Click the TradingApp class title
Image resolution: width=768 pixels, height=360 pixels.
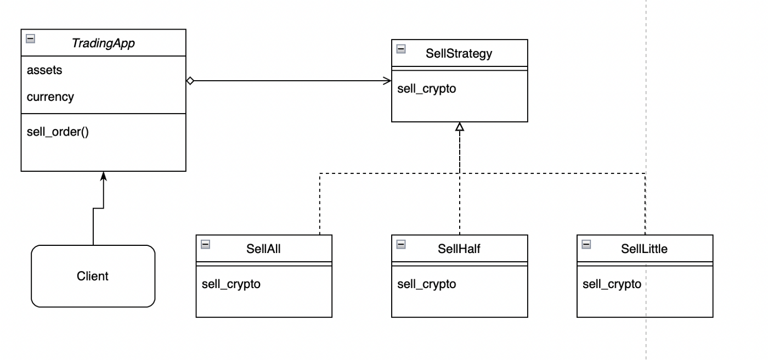pyautogui.click(x=103, y=43)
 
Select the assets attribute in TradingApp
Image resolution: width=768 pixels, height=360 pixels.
pyautogui.click(x=44, y=70)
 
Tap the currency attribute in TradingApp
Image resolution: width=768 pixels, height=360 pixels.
pyautogui.click(x=50, y=97)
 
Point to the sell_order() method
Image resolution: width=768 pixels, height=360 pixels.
pyautogui.click(x=58, y=132)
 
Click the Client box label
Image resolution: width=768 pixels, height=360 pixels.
pyautogui.click(x=93, y=276)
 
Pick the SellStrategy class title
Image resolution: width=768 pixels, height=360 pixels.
pyautogui.click(x=459, y=53)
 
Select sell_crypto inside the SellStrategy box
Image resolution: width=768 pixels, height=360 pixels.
pyautogui.click(x=427, y=89)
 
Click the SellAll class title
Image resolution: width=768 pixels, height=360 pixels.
pyautogui.click(x=263, y=249)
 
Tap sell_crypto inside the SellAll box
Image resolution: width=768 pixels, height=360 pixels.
pyautogui.click(x=231, y=284)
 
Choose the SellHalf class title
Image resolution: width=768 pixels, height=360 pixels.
pyautogui.click(x=459, y=249)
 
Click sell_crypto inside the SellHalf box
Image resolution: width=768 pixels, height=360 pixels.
pyautogui.click(x=427, y=284)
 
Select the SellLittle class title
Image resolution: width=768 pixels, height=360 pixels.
pyautogui.click(x=644, y=249)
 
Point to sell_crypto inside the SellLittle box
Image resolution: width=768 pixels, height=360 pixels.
pyautogui.click(x=612, y=284)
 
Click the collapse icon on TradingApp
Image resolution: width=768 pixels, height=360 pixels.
pyautogui.click(x=31, y=39)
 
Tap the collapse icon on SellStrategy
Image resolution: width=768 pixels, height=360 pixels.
pyautogui.click(x=401, y=49)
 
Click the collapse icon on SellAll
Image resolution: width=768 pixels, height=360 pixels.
pyautogui.click(x=205, y=244)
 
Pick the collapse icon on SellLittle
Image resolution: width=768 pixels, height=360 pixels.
pyautogui.click(x=586, y=244)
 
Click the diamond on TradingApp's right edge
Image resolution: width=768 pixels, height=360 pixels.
pyautogui.click(x=190, y=81)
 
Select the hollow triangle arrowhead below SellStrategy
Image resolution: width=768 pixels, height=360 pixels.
pyautogui.click(x=460, y=127)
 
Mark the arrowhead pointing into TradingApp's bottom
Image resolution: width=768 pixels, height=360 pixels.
pyautogui.click(x=104, y=176)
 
